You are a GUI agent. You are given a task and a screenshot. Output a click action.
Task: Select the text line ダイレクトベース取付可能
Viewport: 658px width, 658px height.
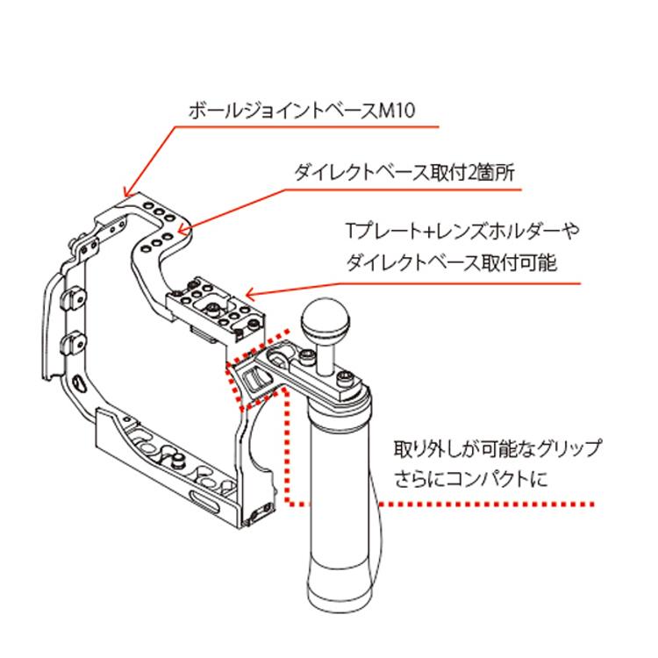451,261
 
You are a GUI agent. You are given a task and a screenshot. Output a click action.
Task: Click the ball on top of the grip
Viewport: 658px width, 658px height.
325,320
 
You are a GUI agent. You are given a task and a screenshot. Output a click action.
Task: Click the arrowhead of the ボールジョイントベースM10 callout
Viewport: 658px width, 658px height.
127,195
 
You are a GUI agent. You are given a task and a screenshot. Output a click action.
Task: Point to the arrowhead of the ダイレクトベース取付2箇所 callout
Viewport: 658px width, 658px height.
179,232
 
